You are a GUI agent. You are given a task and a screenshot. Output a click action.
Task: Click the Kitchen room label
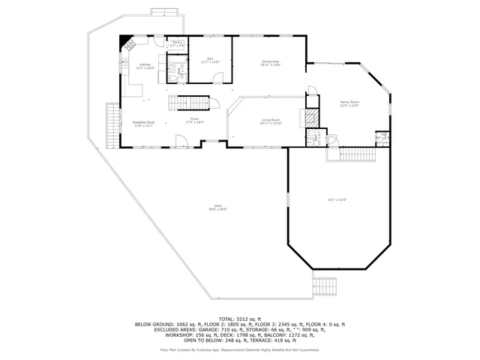[x=145, y=66]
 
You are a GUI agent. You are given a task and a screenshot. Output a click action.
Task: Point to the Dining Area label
[x=271, y=62]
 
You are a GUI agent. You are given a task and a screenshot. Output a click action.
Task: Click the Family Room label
[x=349, y=103]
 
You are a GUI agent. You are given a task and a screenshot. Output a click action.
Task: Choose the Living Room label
[x=271, y=121]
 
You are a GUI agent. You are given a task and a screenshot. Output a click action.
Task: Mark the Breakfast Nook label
[x=143, y=124]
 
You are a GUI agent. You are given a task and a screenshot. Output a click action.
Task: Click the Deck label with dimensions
[x=217, y=208]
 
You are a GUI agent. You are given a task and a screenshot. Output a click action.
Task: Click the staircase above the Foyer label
[x=189, y=102]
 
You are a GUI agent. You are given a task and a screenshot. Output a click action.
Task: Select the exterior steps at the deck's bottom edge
[x=323, y=286]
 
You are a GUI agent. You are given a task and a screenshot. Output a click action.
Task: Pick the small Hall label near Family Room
[x=383, y=136]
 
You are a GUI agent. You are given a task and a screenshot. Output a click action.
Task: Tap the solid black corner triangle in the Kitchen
[x=124, y=42]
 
